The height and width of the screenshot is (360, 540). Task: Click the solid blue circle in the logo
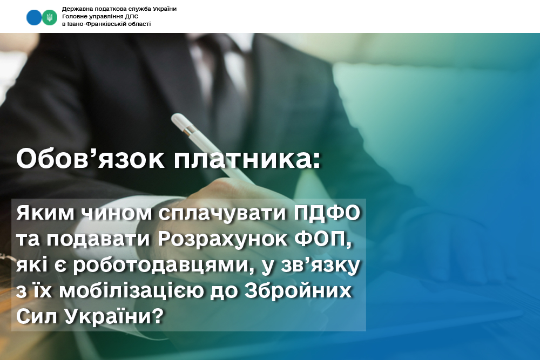pos(33,17)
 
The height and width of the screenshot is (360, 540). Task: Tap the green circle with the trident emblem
pos(50,17)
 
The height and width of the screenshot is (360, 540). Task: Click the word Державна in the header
pos(75,9)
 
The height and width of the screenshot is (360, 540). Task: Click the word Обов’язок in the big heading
pos(90,159)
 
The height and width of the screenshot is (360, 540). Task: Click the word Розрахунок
pos(222,240)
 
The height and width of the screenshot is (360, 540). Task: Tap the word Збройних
pos(298,291)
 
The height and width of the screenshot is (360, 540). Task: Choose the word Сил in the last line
pos(36,316)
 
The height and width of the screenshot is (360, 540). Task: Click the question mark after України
pos(157,316)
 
